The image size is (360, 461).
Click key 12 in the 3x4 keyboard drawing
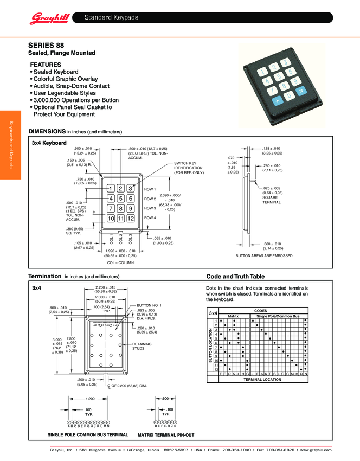click(x=130, y=218)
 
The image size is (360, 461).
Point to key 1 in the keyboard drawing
click(x=111, y=188)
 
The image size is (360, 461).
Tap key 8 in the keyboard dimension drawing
click(x=120, y=208)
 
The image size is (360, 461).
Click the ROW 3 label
click(x=150, y=208)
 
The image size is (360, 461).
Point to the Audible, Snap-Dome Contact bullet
click(x=71, y=86)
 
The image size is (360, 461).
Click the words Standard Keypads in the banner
click(x=111, y=18)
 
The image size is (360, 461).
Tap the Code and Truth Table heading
click(x=235, y=277)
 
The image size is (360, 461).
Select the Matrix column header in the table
click(x=233, y=315)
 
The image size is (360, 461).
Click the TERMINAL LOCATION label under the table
click(x=262, y=379)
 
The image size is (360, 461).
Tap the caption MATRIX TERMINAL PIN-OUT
click(x=165, y=434)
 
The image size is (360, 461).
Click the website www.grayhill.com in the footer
click(x=316, y=450)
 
